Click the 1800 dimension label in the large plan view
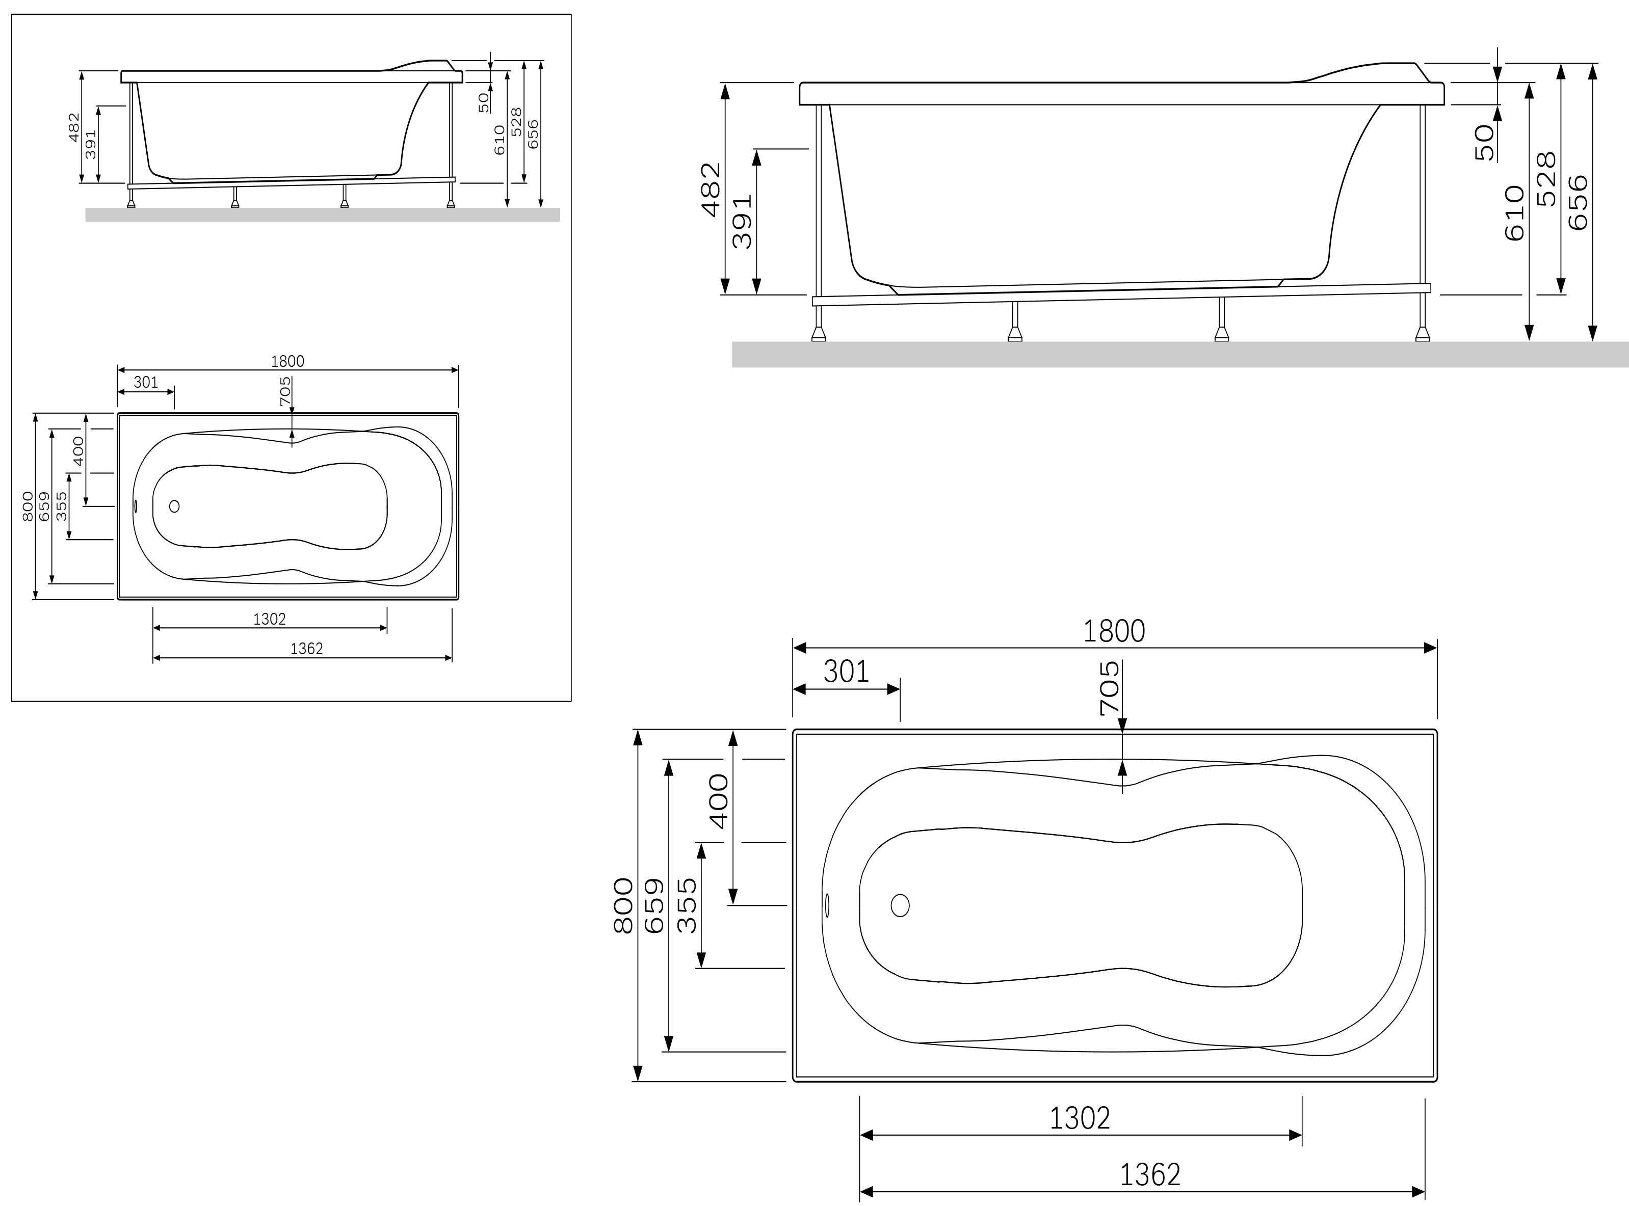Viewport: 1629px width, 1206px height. click(x=1114, y=631)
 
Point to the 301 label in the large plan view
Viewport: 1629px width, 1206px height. click(x=846, y=672)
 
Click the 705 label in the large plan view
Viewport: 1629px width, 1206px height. click(x=1110, y=688)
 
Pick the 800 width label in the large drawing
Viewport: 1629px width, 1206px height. click(x=623, y=905)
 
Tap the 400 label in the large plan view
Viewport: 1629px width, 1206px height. click(x=719, y=801)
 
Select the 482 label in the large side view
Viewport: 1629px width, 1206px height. click(x=711, y=190)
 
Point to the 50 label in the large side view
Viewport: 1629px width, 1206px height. click(x=1484, y=142)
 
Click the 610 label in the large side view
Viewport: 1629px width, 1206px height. click(x=1515, y=213)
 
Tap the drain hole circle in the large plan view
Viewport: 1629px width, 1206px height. click(x=900, y=905)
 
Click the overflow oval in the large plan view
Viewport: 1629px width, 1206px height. click(x=827, y=905)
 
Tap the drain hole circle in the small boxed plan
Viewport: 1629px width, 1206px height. click(x=174, y=506)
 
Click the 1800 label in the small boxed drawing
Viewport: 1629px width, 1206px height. click(x=287, y=361)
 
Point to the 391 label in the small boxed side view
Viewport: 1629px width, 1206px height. click(x=91, y=145)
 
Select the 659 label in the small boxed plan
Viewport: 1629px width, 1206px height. click(x=44, y=506)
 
